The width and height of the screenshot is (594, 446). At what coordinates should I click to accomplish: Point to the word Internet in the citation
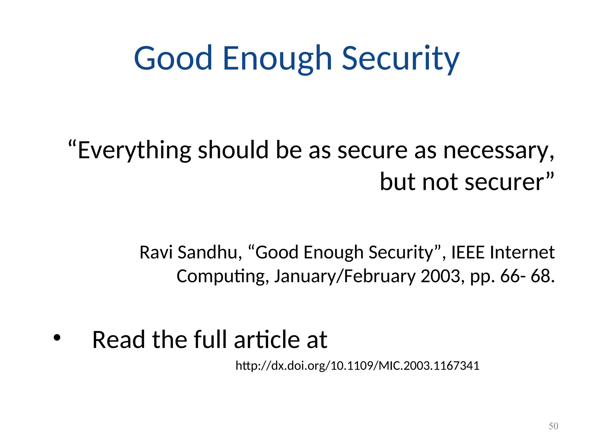click(522, 252)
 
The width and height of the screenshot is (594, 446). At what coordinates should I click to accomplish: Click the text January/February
click(345, 276)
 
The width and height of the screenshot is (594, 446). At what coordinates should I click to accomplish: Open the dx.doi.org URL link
click(357, 366)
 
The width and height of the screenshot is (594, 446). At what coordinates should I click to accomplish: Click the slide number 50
click(553, 426)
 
